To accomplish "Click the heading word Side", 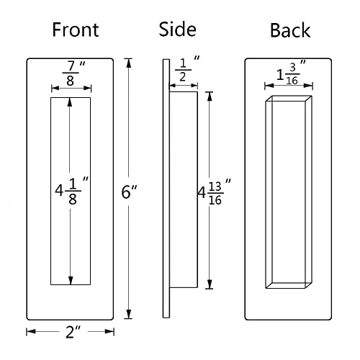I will tap(177, 30).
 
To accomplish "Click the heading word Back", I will tap(289, 30).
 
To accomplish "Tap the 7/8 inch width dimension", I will tap(71, 72).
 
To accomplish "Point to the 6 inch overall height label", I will tap(130, 193).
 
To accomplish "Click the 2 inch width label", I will tap(71, 332).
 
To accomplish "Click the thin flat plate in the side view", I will tap(166, 302).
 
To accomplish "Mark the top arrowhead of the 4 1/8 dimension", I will tap(71, 102).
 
